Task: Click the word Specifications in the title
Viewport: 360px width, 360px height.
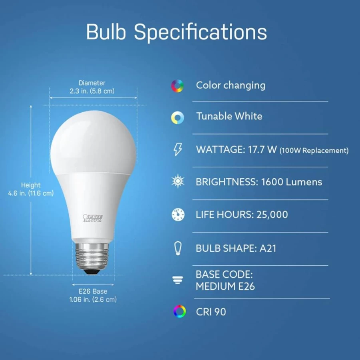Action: tap(200, 32)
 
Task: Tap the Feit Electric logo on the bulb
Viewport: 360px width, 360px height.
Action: tap(93, 218)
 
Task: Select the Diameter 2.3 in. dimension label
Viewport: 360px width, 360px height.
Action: tap(92, 87)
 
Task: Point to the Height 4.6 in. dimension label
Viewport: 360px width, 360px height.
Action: tap(31, 189)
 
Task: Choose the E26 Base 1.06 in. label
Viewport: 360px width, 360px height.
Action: tap(93, 295)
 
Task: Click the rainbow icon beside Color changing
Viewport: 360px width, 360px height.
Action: tap(177, 86)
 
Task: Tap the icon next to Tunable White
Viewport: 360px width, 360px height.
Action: tap(177, 117)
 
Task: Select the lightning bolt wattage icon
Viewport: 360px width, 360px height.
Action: tap(178, 149)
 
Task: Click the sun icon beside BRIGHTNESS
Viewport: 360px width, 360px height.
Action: tap(178, 181)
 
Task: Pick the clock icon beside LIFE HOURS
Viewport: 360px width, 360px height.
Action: tap(178, 215)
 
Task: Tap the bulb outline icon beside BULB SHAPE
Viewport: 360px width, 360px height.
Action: tap(178, 248)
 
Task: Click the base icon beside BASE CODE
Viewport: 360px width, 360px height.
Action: tap(178, 280)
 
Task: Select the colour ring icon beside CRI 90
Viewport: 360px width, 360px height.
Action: tap(179, 312)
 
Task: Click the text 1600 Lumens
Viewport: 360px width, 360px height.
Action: tap(292, 182)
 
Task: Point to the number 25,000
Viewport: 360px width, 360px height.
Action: tap(272, 215)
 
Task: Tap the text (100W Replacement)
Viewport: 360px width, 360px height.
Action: tap(314, 151)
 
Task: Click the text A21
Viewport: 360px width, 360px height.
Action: tap(268, 249)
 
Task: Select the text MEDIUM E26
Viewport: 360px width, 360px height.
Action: tap(225, 286)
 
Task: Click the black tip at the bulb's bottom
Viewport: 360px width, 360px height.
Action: tap(92, 272)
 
